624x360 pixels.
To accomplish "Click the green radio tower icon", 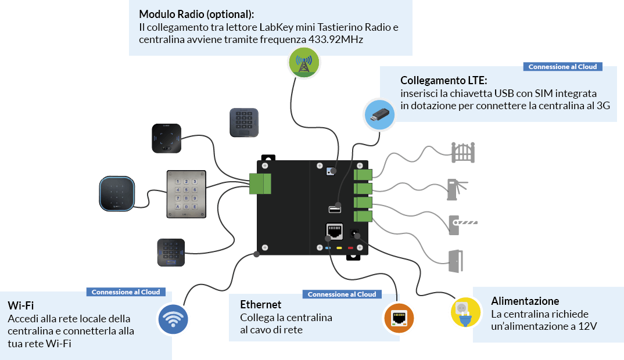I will [x=304, y=62].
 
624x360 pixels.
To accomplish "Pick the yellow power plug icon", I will [x=465, y=312].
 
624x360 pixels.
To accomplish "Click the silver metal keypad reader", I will [x=187, y=195].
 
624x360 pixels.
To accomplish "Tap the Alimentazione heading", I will [x=525, y=301].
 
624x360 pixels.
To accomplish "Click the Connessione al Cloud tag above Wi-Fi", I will [x=125, y=292].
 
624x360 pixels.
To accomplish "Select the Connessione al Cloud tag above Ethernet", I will [x=342, y=294].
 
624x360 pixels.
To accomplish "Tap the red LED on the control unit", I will [x=350, y=248].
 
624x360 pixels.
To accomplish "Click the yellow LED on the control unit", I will [x=339, y=248].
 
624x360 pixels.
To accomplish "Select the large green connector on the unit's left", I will [x=260, y=183].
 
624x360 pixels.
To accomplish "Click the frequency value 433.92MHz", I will [x=337, y=39].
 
